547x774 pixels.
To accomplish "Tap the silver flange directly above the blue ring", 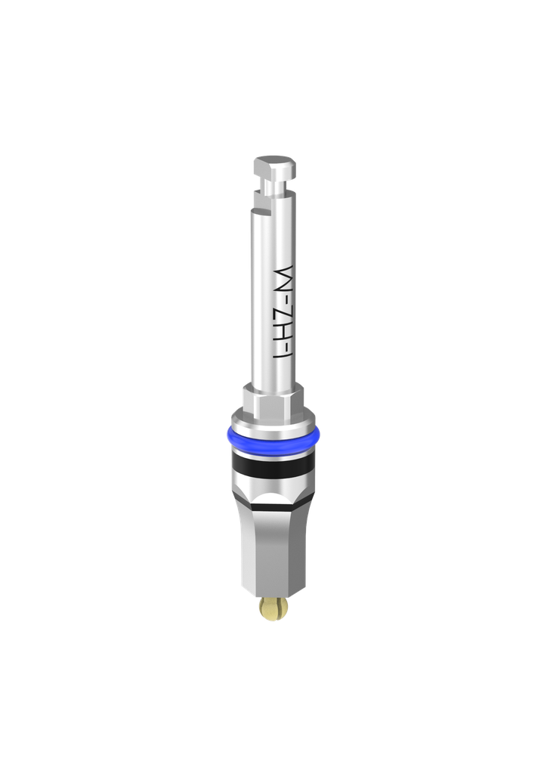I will point(273,424).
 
